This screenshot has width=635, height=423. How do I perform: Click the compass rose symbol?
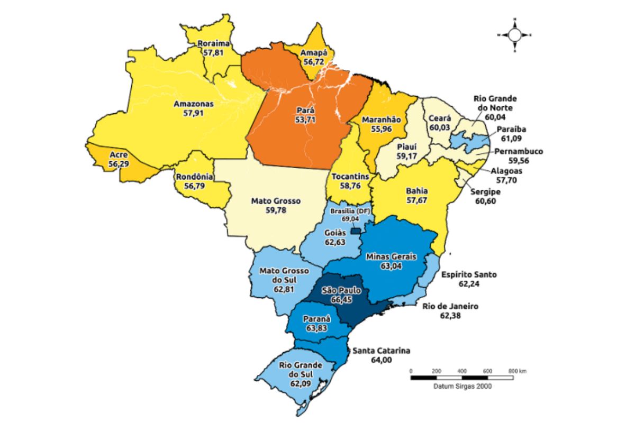click(x=514, y=35)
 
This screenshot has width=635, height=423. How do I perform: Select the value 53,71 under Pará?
click(x=306, y=119)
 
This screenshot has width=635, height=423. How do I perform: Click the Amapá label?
click(x=314, y=53)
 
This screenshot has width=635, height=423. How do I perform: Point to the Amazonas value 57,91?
click(x=194, y=113)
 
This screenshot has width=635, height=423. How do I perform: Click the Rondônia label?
click(x=194, y=177)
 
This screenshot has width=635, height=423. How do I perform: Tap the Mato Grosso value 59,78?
click(x=275, y=210)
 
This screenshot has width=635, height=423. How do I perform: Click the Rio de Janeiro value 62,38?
click(x=451, y=315)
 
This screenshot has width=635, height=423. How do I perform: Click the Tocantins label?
click(x=350, y=177)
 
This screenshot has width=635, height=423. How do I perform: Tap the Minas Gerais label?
click(x=391, y=257)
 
